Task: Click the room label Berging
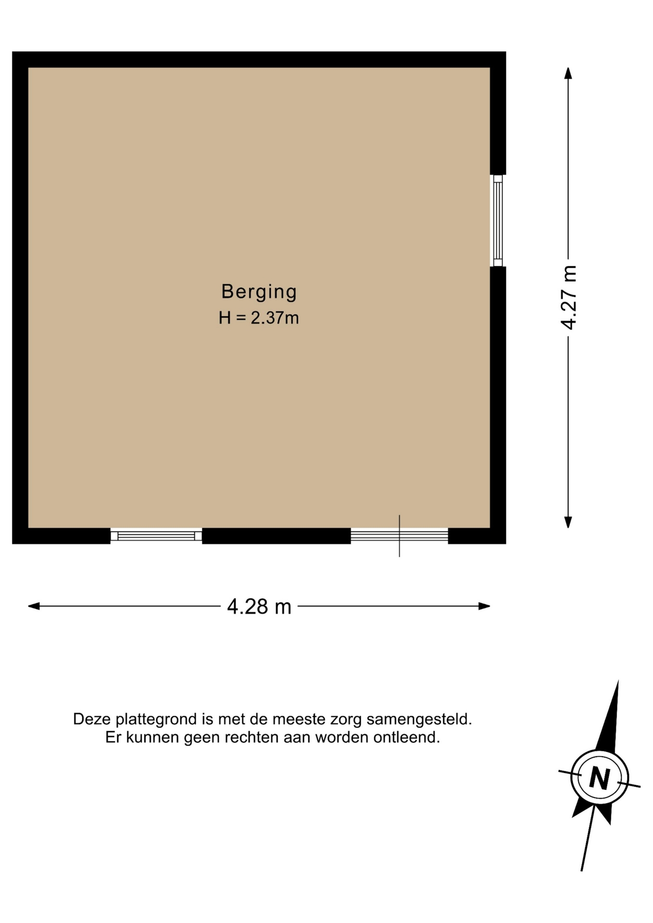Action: pos(259,292)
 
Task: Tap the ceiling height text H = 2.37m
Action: pos(259,318)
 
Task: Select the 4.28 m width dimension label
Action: pos(259,606)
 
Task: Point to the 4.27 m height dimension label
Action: pos(568,297)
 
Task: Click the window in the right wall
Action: pos(498,221)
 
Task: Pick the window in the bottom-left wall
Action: pos(156,536)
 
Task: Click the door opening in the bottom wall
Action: pos(399,535)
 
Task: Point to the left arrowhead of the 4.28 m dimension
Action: pos(34,606)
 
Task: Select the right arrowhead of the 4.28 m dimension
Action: pos(484,606)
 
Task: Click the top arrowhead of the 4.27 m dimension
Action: pos(568,73)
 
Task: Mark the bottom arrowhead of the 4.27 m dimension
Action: pos(568,522)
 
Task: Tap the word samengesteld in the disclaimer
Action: pos(419,719)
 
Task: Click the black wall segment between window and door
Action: pos(276,536)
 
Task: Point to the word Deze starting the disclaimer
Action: pos(92,719)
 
